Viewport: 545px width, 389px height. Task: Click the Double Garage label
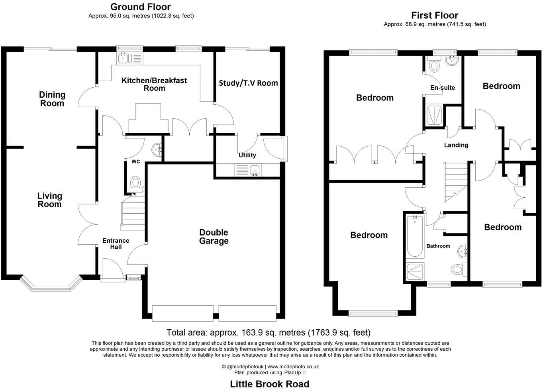coord(214,237)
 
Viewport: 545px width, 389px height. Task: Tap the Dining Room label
coord(52,99)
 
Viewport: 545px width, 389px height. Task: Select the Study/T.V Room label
coord(248,83)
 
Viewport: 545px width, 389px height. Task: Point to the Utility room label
coord(247,155)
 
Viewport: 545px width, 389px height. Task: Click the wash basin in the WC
coord(157,149)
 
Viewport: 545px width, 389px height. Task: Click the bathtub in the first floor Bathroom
coord(415,236)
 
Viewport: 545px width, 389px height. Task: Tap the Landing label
coord(456,145)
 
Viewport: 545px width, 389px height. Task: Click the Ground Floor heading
coord(140,7)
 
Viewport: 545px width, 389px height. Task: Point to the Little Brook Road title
coord(270,384)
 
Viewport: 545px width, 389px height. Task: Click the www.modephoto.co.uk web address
coord(293,366)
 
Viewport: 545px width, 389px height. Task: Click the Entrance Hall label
coord(116,244)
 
